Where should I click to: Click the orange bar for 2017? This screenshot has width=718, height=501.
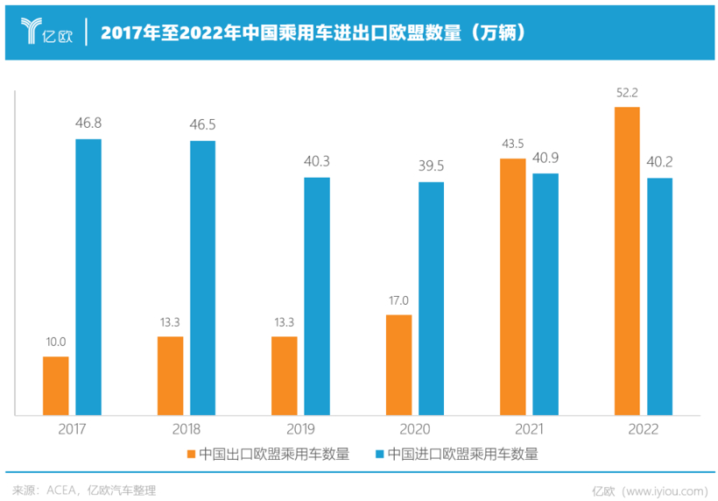click(x=56, y=385)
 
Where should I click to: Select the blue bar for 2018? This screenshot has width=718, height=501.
click(x=203, y=277)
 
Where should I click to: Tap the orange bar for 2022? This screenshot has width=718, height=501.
click(x=627, y=260)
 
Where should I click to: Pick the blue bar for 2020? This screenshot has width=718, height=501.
click(x=432, y=298)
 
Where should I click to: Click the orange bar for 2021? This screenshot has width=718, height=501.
click(x=512, y=286)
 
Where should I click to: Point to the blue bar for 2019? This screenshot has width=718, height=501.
click(x=317, y=295)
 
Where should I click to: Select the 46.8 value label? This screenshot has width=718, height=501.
click(x=89, y=123)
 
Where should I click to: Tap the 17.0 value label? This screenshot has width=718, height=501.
click(x=398, y=300)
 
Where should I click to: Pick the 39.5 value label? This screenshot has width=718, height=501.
click(x=431, y=166)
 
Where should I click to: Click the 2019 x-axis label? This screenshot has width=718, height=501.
click(x=300, y=429)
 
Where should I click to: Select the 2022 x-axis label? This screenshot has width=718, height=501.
click(x=643, y=429)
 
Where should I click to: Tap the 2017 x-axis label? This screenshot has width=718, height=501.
click(x=73, y=429)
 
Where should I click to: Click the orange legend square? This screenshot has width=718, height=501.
click(x=191, y=455)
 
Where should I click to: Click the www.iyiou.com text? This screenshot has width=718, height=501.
click(x=666, y=490)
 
